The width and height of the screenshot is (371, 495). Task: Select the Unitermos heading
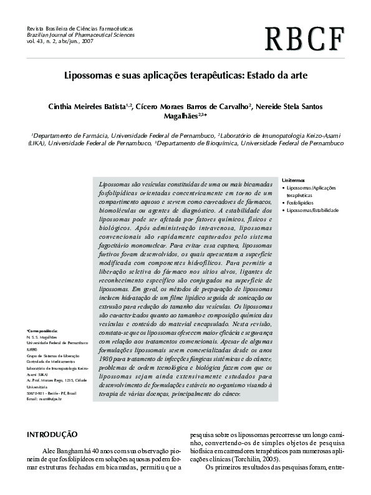pos(294,179)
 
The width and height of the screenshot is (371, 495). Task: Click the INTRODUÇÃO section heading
pos(52,434)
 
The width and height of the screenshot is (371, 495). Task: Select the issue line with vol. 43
pos(54,42)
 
